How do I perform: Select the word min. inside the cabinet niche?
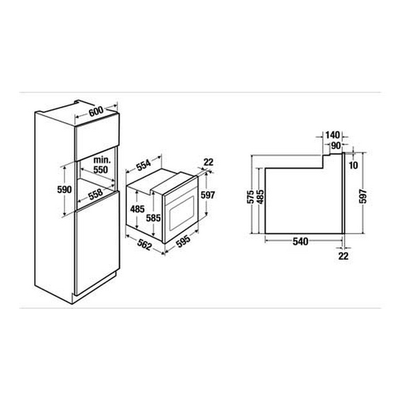coord(101,161)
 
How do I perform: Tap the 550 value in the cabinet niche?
coord(101,170)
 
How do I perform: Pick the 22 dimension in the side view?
coord(344,255)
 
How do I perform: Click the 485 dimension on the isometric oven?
coord(136,209)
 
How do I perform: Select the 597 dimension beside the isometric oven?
coord(207,194)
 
